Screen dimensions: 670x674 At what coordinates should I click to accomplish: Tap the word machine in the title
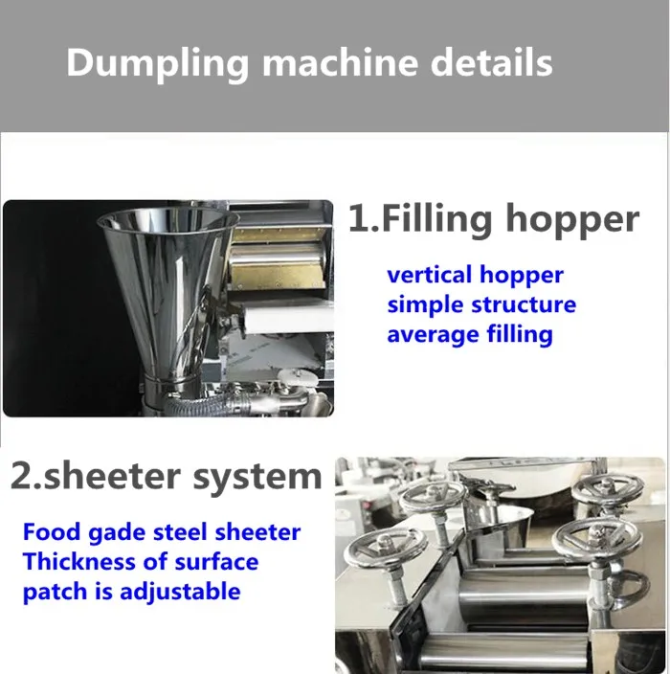tap(341, 62)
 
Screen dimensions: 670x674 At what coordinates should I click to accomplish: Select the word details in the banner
tap(491, 62)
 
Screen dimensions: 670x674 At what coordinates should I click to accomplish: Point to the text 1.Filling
tap(419, 219)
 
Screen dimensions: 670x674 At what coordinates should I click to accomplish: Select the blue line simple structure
tap(481, 304)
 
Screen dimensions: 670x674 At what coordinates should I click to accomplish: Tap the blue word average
tap(434, 335)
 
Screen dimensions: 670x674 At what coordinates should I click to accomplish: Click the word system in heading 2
tap(257, 478)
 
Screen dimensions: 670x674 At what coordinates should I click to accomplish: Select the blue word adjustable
tap(180, 593)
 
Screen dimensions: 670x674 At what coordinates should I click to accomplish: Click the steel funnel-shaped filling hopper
tap(167, 292)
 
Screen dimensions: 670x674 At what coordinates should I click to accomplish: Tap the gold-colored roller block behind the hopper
tap(278, 258)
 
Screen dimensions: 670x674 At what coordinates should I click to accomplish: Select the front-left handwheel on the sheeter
tap(386, 550)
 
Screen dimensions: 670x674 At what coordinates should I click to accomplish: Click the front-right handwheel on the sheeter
tap(597, 539)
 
